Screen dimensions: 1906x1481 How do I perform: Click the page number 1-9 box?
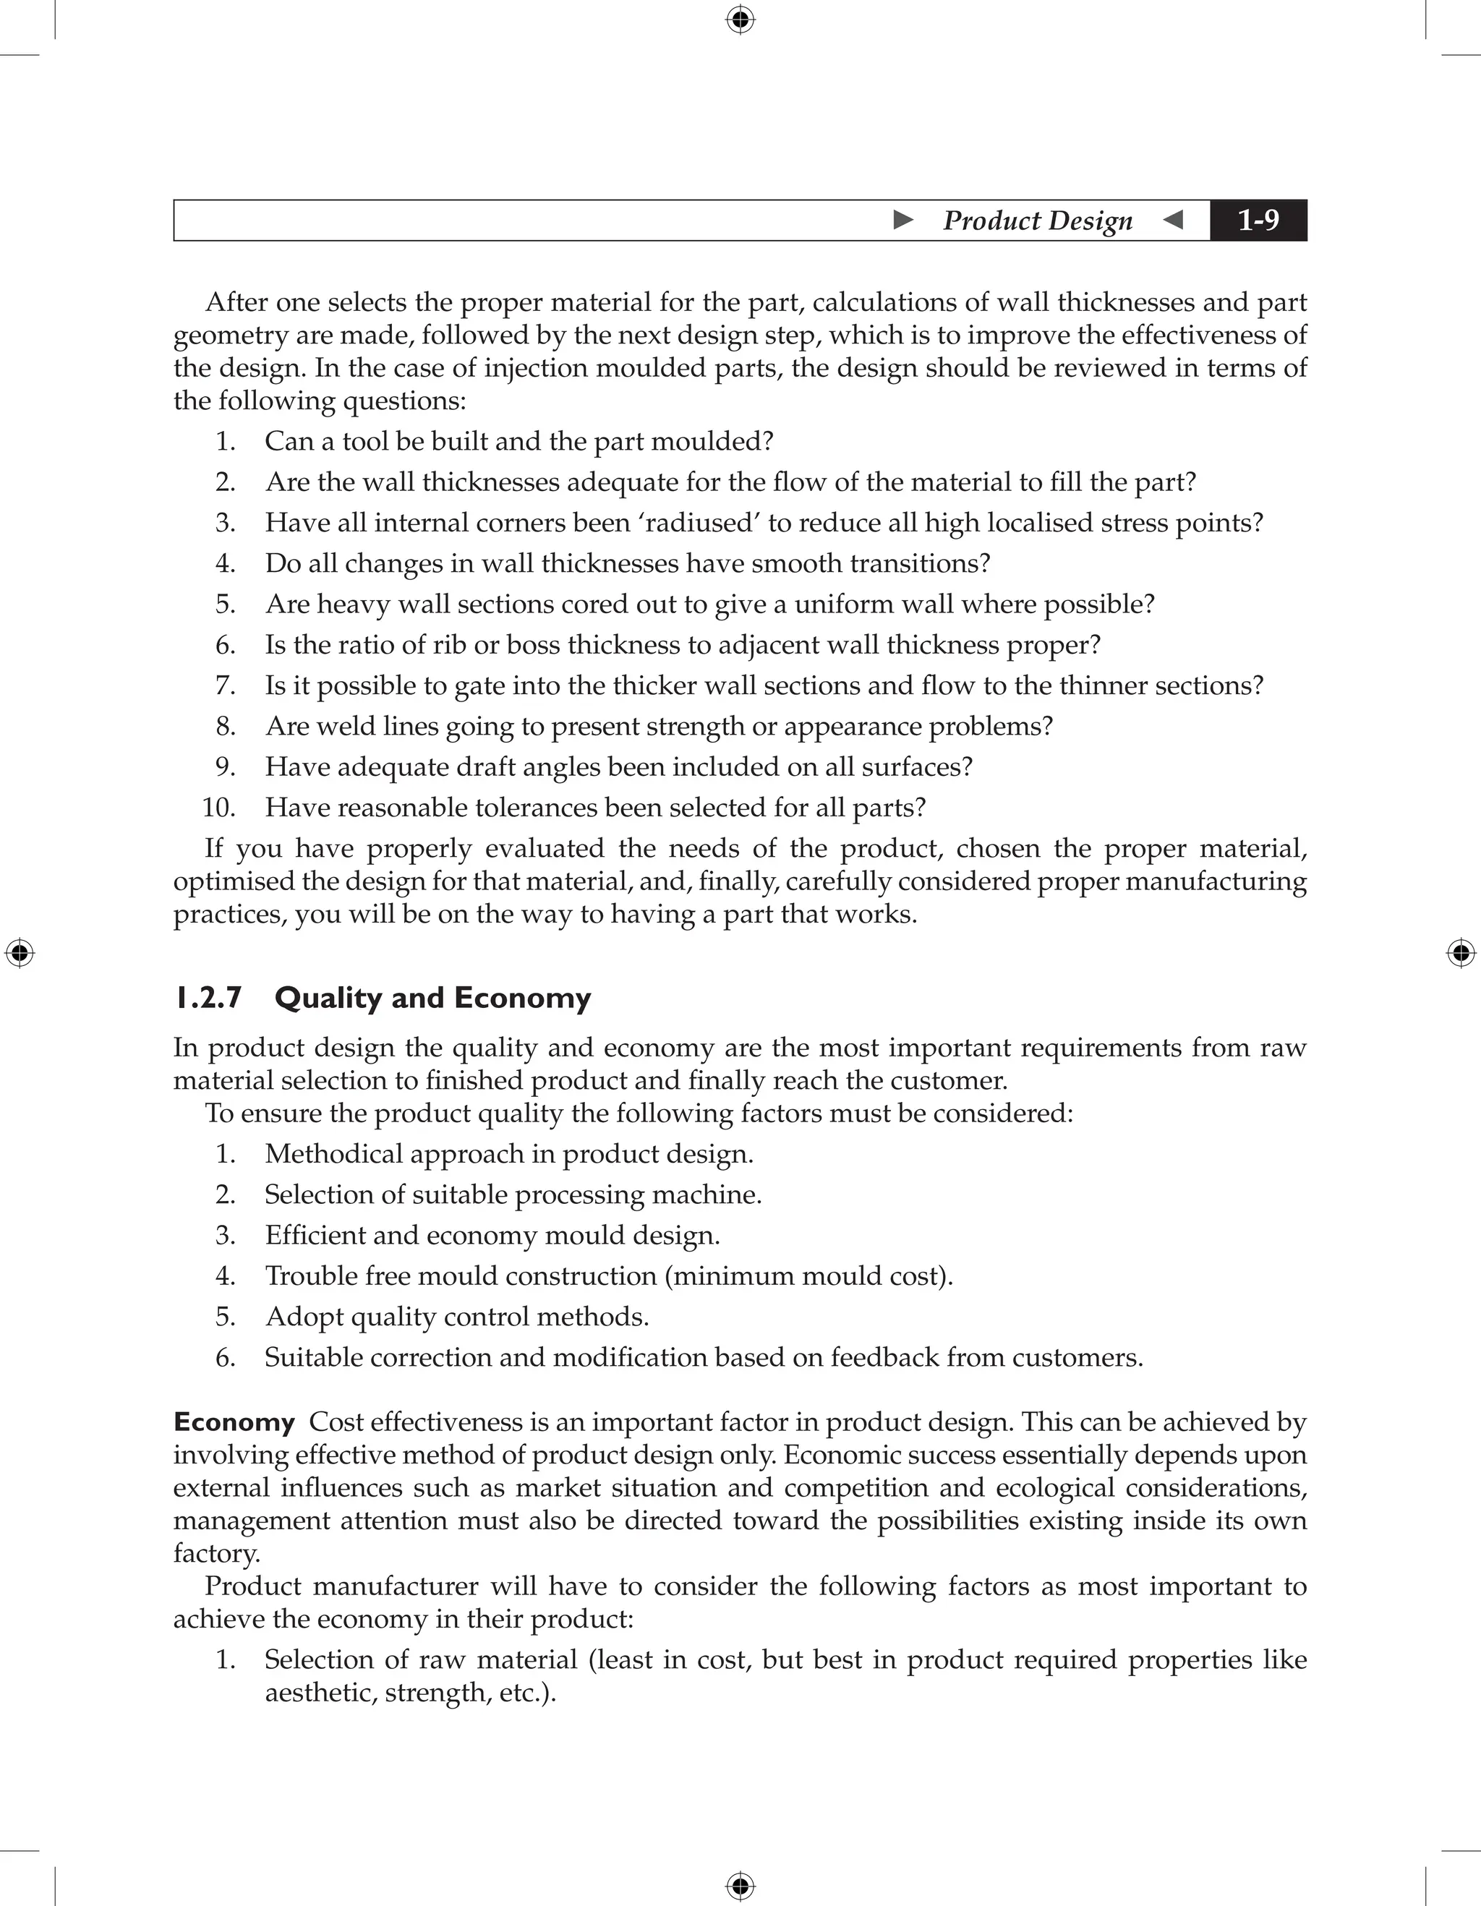click(1258, 220)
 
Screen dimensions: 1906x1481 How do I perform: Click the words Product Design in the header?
click(1037, 221)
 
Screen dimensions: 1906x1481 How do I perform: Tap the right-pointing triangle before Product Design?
click(903, 220)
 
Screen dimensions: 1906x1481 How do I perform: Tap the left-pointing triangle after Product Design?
click(1174, 220)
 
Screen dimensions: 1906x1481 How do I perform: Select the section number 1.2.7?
click(208, 998)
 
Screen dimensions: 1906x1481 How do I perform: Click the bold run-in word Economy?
click(234, 1422)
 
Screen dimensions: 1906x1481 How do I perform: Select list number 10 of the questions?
click(218, 807)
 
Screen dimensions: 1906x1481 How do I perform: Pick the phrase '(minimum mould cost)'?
click(808, 1276)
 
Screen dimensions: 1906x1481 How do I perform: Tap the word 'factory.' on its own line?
click(216, 1552)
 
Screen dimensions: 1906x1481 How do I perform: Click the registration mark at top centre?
click(740, 20)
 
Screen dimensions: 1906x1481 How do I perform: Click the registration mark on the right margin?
click(1460, 953)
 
